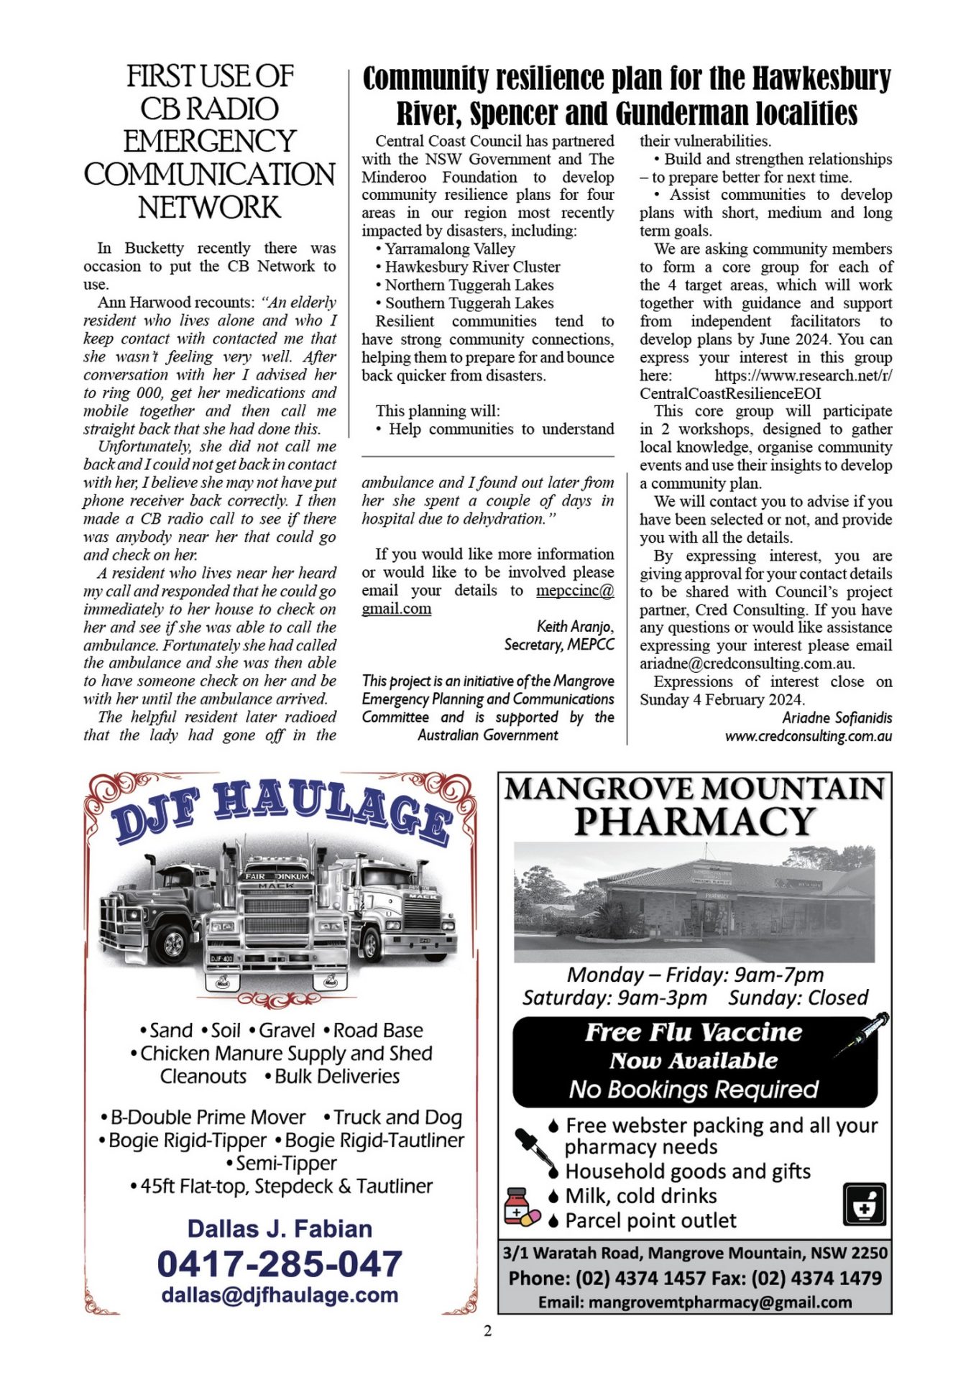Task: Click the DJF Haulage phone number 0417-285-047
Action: tap(279, 1264)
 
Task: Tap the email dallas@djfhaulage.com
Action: tap(279, 1294)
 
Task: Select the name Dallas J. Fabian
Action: tap(280, 1228)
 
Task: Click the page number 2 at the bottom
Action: tap(488, 1330)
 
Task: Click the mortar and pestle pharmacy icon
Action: tap(864, 1204)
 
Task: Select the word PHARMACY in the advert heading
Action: tap(694, 822)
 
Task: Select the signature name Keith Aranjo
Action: tap(575, 626)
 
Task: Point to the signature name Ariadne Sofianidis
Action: tap(837, 717)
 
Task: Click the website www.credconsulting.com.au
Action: tap(808, 735)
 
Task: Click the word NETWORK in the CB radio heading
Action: tap(209, 208)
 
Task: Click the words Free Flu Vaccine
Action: tap(693, 1032)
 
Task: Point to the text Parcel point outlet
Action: tap(650, 1220)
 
